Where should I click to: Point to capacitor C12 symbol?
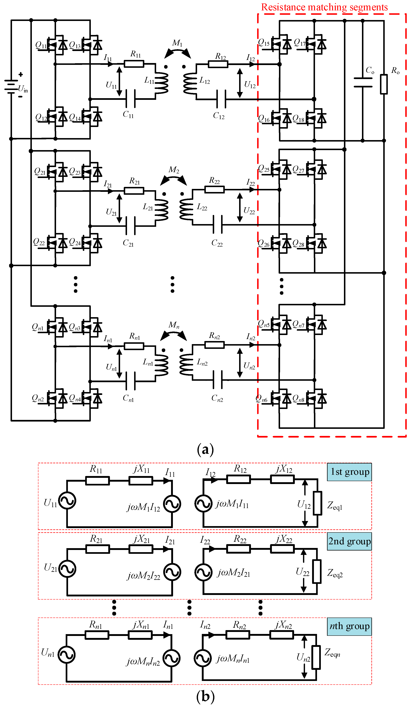221,99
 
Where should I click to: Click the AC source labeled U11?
67,500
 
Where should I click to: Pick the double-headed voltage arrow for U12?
240,83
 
